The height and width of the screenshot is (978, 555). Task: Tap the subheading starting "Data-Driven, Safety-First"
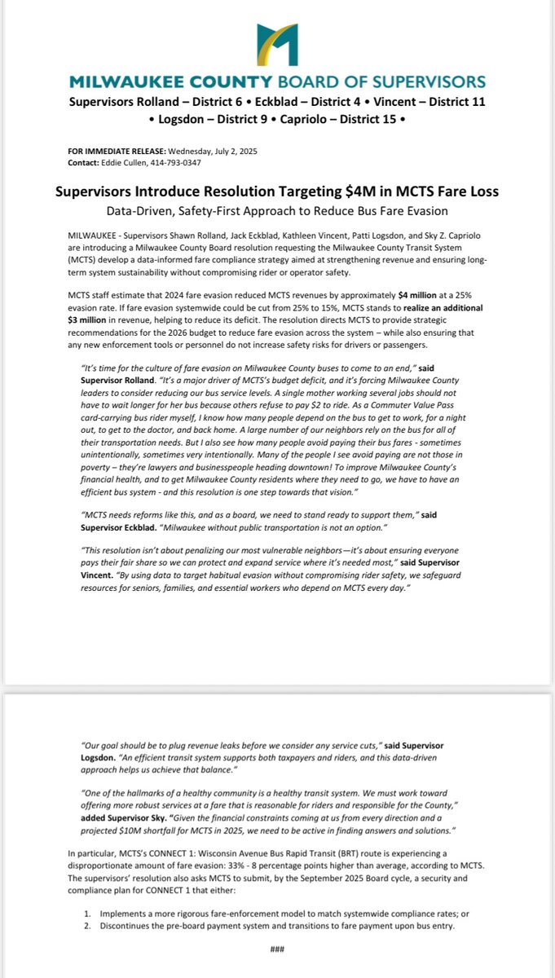point(276,212)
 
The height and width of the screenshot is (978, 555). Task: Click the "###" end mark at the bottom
point(276,948)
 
